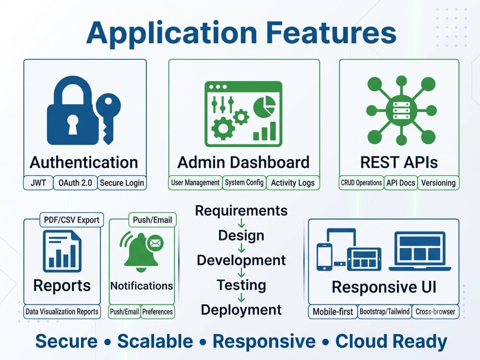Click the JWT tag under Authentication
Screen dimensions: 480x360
(38, 183)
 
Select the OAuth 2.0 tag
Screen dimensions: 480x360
(75, 183)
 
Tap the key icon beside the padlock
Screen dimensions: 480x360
(108, 119)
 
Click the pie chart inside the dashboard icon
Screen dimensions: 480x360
(264, 106)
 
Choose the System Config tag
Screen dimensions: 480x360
(244, 183)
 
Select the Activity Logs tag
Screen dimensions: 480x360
(293, 183)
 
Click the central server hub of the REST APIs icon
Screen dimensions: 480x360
(401, 110)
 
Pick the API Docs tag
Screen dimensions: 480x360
(401, 183)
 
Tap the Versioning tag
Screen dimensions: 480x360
(438, 183)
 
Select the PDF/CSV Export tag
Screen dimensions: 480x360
(72, 220)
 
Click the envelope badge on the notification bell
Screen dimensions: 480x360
(155, 243)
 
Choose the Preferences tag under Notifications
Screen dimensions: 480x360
(157, 312)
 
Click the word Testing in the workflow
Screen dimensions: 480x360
(241, 285)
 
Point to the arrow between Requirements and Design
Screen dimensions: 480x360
(241, 223)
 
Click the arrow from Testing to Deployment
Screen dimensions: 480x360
(241, 297)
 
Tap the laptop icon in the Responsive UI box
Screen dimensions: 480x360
(420, 251)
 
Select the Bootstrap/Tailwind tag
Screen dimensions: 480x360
(384, 312)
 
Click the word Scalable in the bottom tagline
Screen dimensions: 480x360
(155, 341)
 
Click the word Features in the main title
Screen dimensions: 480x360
(331, 33)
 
